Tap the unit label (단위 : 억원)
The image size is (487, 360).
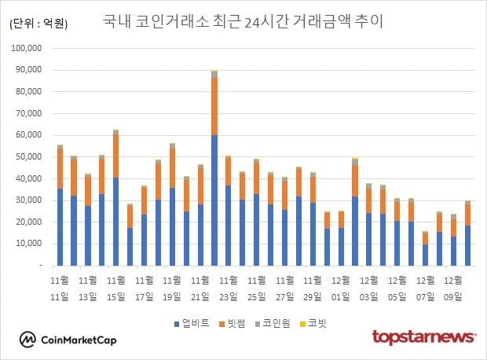click(x=38, y=24)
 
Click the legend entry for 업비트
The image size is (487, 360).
click(x=192, y=323)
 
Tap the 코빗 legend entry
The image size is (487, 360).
click(x=317, y=323)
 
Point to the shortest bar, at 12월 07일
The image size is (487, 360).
click(x=425, y=249)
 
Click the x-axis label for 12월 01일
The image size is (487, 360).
click(x=342, y=288)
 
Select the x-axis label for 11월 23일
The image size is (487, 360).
click(x=229, y=288)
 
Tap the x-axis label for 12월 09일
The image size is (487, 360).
click(x=453, y=288)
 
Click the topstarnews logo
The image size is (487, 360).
click(x=423, y=337)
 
